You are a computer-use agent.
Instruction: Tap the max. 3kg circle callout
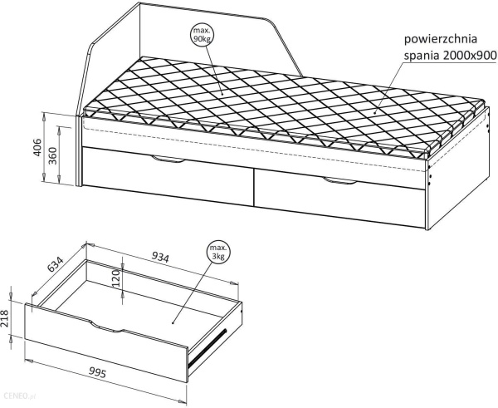pos(218,253)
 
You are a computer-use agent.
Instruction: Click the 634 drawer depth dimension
pos(56,267)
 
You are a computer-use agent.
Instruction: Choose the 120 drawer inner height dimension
pos(117,273)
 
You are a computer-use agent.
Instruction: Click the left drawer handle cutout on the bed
pos(168,159)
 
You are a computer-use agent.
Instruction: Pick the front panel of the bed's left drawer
pos(166,173)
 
